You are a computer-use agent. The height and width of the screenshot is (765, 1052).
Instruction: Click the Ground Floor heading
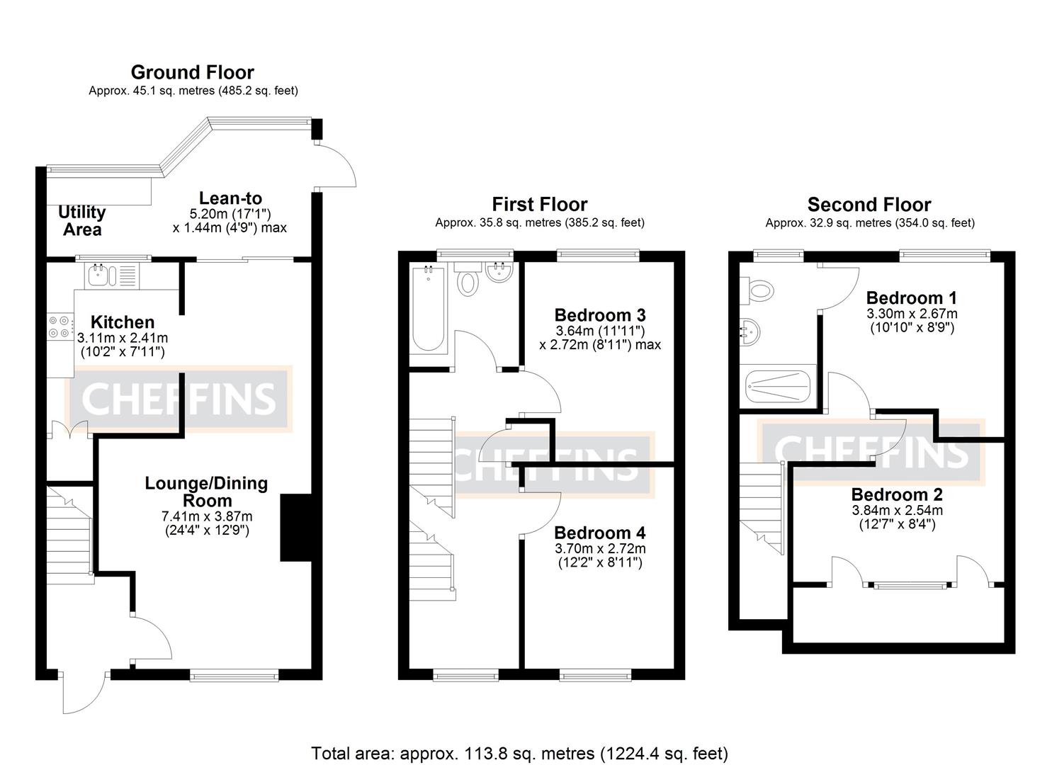pyautogui.click(x=192, y=72)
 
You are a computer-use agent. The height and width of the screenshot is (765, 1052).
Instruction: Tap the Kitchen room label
pyautogui.click(x=122, y=322)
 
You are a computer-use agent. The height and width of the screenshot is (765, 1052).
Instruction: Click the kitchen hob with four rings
pyautogui.click(x=59, y=327)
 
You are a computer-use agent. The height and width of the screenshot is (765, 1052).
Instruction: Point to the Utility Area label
pyautogui.click(x=81, y=220)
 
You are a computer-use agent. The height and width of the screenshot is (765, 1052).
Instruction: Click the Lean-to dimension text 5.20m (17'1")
pyautogui.click(x=230, y=213)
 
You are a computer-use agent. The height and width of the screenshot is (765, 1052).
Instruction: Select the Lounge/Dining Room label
pyautogui.click(x=206, y=492)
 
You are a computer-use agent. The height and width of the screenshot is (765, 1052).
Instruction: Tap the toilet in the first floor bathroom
pyautogui.click(x=467, y=280)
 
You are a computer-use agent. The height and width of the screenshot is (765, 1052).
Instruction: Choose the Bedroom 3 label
pyautogui.click(x=599, y=315)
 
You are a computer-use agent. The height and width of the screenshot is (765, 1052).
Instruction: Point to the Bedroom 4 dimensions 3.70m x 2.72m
pyautogui.click(x=599, y=549)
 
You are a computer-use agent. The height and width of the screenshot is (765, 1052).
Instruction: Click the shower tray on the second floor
pyautogui.click(x=778, y=387)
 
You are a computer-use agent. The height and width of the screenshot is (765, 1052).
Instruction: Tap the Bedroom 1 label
pyautogui.click(x=910, y=297)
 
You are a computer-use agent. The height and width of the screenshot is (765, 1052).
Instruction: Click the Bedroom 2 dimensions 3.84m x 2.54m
pyautogui.click(x=897, y=511)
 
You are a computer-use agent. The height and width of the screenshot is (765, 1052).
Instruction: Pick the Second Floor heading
pyautogui.click(x=869, y=205)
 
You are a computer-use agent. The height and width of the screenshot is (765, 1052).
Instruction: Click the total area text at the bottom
pyautogui.click(x=519, y=753)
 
